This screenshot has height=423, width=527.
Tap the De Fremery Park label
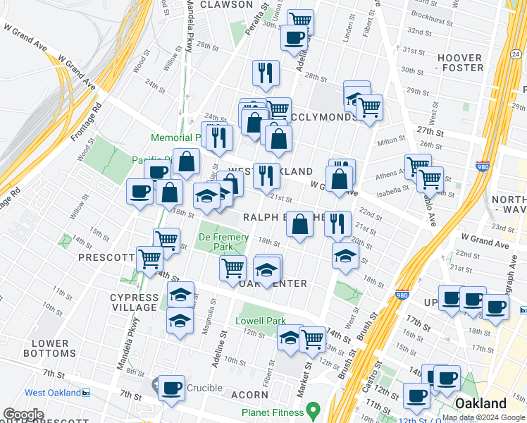[223, 243]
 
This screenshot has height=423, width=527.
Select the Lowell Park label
[260, 321]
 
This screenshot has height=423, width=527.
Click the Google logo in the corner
[23, 415]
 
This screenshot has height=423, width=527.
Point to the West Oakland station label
[52, 393]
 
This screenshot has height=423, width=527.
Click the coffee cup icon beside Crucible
[170, 388]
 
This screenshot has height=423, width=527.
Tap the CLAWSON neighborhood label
[226, 4]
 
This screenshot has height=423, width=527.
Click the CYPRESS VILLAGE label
[134, 302]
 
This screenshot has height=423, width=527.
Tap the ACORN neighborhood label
[248, 396]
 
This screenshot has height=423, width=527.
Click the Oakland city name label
[480, 403]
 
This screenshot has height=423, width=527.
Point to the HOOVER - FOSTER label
[461, 63]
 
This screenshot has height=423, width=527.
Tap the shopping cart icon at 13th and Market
[312, 338]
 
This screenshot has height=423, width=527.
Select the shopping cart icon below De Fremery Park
[232, 268]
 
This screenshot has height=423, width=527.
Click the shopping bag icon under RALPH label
[300, 225]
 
